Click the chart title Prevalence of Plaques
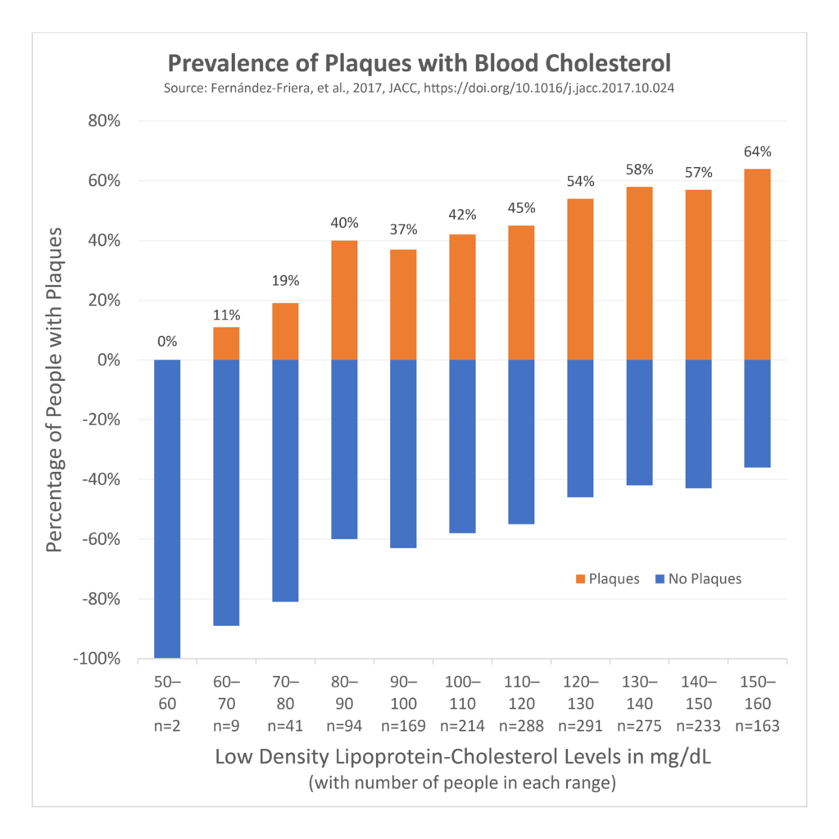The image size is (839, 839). click(x=419, y=63)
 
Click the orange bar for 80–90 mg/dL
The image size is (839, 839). click(x=344, y=300)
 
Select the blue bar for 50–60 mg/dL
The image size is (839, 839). click(x=167, y=508)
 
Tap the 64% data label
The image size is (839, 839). click(x=757, y=152)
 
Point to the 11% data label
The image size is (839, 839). click(x=226, y=315)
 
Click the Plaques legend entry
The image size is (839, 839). click(x=607, y=578)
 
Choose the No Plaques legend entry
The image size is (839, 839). click(x=697, y=578)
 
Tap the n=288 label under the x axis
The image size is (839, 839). click(x=521, y=725)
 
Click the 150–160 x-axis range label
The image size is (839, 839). click(x=757, y=692)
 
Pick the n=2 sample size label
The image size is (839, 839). click(x=167, y=725)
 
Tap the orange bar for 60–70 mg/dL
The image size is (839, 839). click(x=226, y=343)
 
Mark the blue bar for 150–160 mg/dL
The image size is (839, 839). click(x=757, y=413)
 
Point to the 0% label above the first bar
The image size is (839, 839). click(x=167, y=342)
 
